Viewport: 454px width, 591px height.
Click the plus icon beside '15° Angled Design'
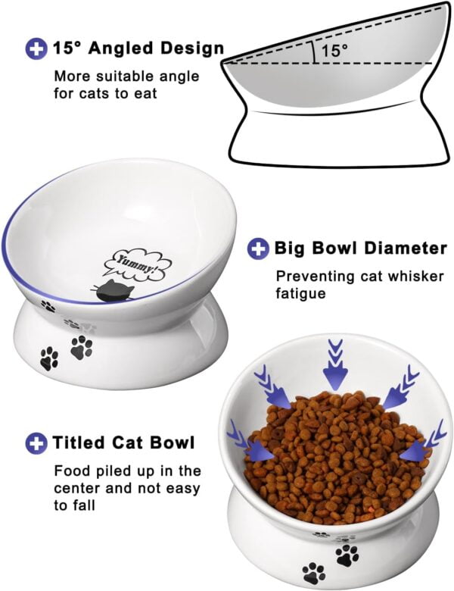pyautogui.click(x=36, y=49)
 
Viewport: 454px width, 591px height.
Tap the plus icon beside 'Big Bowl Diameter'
pyautogui.click(x=259, y=248)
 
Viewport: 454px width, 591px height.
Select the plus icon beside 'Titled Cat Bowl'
pyautogui.click(x=36, y=442)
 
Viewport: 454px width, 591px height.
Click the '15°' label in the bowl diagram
pyautogui.click(x=334, y=51)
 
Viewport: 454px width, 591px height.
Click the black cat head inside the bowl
pyautogui.click(x=112, y=291)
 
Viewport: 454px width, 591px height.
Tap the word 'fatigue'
pyautogui.click(x=300, y=292)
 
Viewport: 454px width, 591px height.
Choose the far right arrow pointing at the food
pyautogui.click(x=420, y=447)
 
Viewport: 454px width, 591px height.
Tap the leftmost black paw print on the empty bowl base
pyautogui.click(x=49, y=358)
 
